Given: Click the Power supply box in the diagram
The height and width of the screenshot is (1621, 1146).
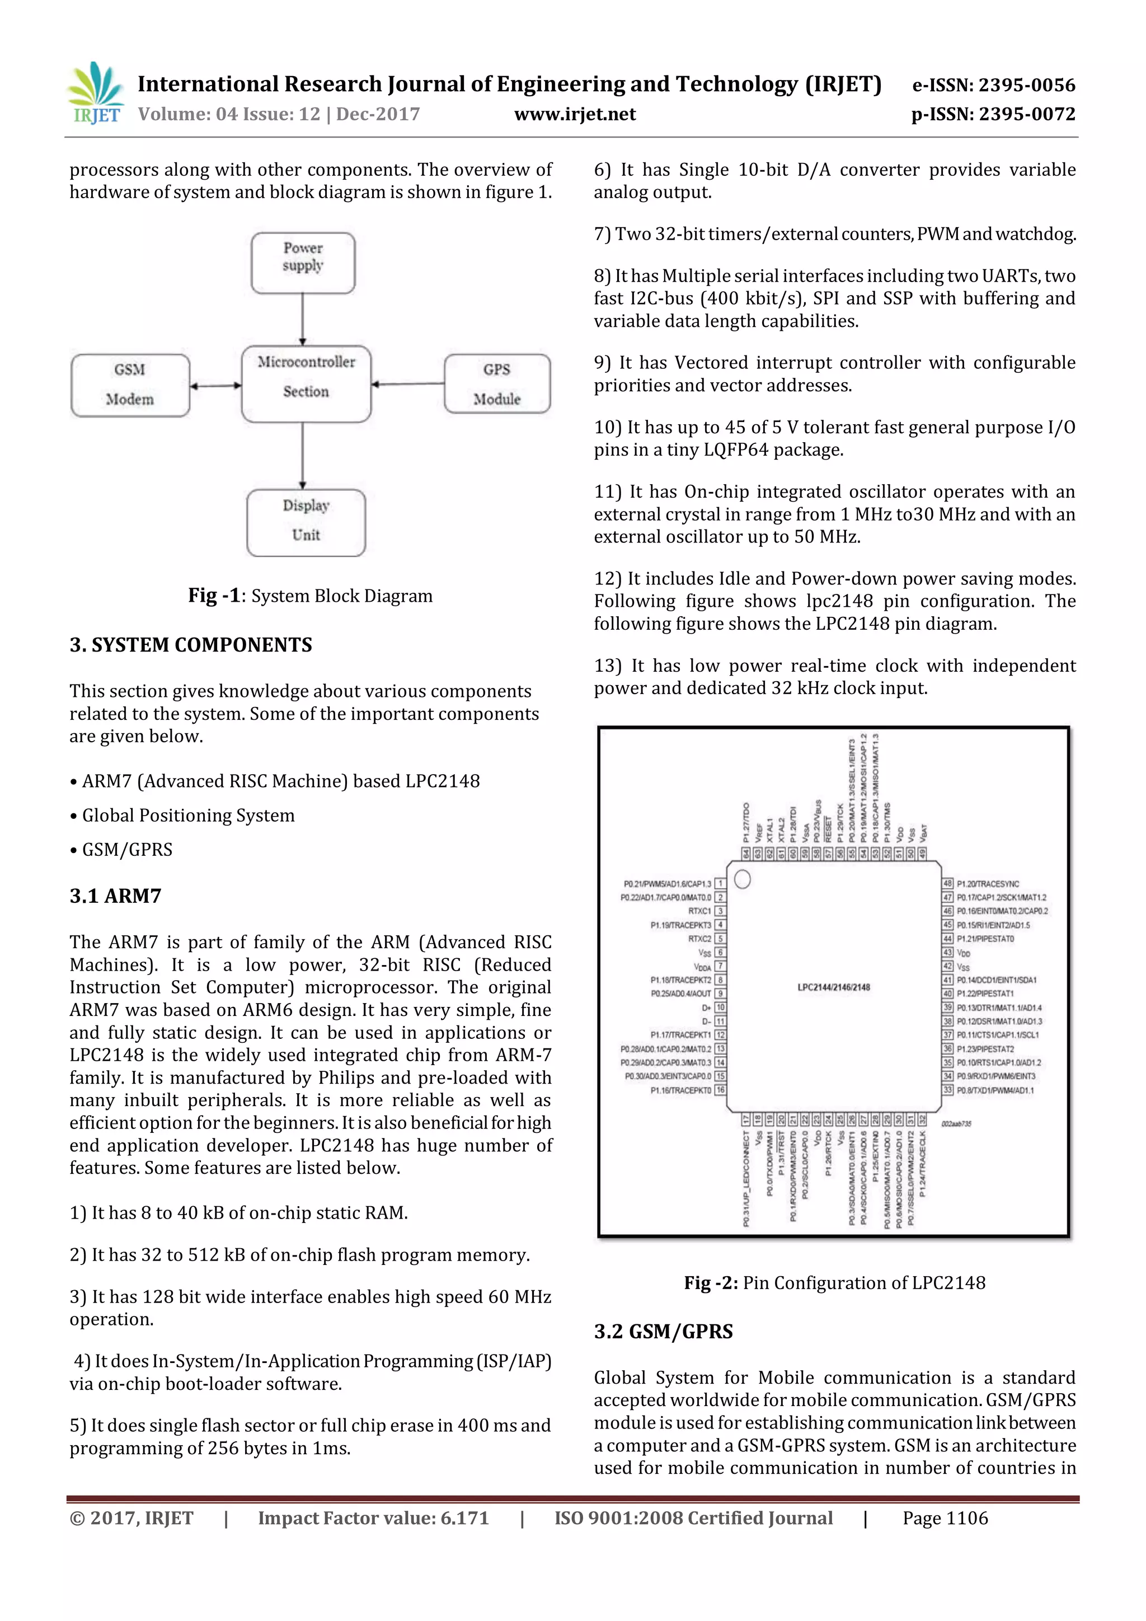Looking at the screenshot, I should [x=303, y=263].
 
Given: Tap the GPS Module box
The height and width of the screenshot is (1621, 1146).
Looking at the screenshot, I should [x=497, y=384].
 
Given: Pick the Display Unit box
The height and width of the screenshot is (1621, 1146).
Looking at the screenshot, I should [x=306, y=522].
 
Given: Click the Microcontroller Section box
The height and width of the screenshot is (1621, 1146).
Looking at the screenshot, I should [x=306, y=383].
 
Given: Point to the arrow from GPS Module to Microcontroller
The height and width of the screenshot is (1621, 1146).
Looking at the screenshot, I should [x=407, y=384].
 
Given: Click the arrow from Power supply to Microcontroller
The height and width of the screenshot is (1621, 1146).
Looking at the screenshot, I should [x=303, y=319].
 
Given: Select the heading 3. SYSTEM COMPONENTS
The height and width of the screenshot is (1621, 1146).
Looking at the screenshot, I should [x=190, y=645].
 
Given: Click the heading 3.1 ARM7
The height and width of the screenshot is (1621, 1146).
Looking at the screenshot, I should [x=115, y=896].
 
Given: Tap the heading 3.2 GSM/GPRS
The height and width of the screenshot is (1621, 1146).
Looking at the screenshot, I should [x=663, y=1332].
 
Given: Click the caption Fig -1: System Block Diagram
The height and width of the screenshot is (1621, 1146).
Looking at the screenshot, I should [x=310, y=596].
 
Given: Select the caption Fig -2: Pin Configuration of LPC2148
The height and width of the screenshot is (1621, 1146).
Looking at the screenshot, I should [x=834, y=1283].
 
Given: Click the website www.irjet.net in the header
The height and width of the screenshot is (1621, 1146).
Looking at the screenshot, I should [x=575, y=114].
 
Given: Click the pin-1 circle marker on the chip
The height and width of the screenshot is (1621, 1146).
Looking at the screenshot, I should [x=743, y=879].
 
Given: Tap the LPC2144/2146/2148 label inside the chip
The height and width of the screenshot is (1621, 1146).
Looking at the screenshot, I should [x=833, y=987].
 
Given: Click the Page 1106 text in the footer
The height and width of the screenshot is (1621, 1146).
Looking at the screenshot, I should [x=945, y=1518].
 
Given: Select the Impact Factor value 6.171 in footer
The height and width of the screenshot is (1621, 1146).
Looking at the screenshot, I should [x=373, y=1518].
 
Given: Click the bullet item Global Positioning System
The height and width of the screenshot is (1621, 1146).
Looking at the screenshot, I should [x=187, y=816].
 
